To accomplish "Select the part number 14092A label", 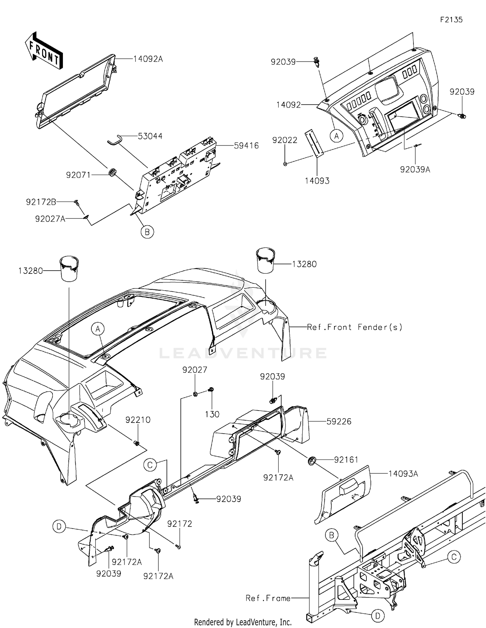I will click(148, 59).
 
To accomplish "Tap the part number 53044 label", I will click(150, 136).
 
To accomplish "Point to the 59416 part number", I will click(247, 146).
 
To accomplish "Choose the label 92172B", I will click(41, 202).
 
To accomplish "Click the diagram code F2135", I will click(451, 20).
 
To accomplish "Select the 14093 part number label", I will click(317, 181).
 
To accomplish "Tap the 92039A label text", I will click(415, 169).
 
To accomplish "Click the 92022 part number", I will click(285, 140).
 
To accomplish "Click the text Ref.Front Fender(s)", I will click(354, 327).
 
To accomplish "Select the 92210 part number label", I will click(138, 420).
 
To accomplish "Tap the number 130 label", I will click(212, 414).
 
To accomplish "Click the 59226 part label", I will click(339, 421).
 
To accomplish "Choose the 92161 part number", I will click(346, 459).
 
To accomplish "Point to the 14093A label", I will click(403, 474).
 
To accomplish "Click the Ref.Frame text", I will click(268, 598).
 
